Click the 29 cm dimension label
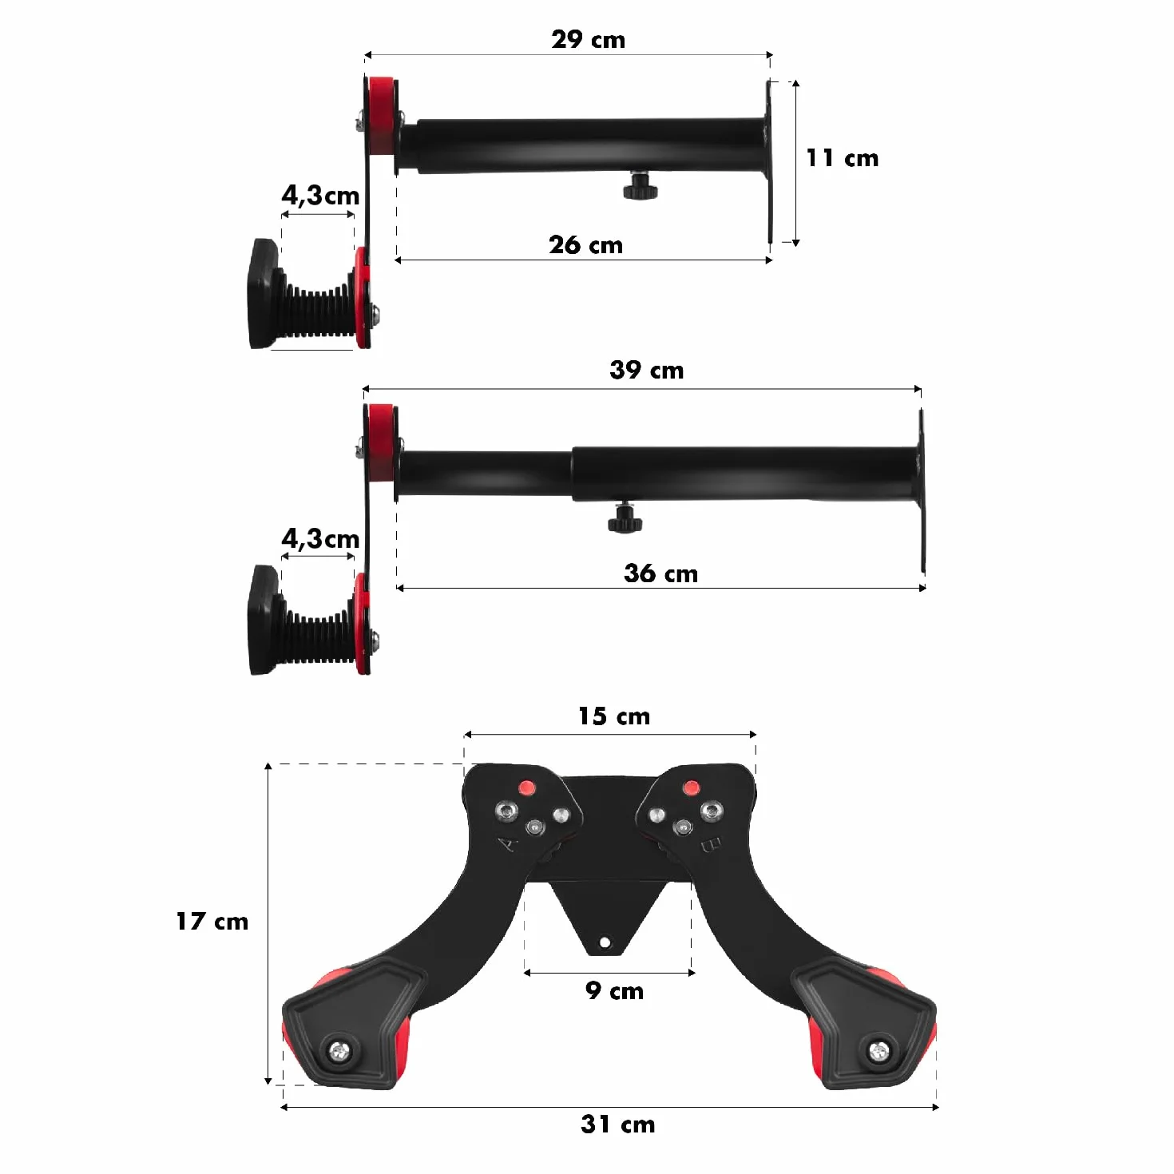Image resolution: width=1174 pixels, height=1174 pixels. pos(588,40)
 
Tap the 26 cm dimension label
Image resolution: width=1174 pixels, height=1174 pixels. pos(585,245)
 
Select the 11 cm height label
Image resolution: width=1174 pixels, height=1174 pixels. pos(842,158)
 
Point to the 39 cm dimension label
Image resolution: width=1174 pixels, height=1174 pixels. pos(646,371)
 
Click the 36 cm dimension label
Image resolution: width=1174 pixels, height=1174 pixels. pos(660,573)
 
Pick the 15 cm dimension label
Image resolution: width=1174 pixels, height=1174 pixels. pos(613,716)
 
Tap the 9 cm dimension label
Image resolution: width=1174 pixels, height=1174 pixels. pos(614,990)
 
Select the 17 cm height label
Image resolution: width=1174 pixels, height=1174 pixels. pos(212,921)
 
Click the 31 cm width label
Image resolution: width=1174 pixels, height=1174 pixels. pos(618,1124)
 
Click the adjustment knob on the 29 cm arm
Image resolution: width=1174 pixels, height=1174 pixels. pos(641,188)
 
